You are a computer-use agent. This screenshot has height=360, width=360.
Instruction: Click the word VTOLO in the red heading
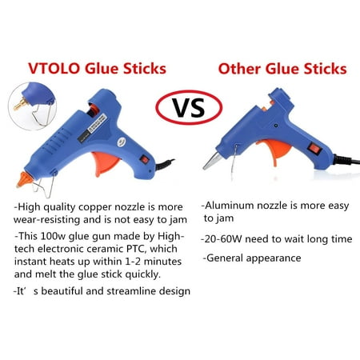[x=54, y=69]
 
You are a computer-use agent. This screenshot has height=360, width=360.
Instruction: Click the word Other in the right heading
[x=239, y=69]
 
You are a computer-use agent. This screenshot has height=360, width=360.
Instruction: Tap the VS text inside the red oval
[x=189, y=107]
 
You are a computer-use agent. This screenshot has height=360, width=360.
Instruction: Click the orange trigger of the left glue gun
[x=106, y=162]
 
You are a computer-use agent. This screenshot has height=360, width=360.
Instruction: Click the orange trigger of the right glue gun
[x=274, y=150]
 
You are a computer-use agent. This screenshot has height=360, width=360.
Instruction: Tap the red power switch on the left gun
[x=144, y=159]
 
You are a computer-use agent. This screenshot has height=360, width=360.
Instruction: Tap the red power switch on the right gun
[x=314, y=148]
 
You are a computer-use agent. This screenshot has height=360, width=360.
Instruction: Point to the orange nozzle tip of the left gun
[x=23, y=179]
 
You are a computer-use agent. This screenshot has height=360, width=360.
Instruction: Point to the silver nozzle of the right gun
[x=212, y=161]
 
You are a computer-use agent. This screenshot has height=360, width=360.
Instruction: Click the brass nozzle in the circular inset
[x=20, y=104]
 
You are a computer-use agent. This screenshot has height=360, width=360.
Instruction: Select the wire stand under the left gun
[x=44, y=186]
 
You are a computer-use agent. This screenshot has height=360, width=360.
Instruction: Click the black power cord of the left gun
[x=165, y=165]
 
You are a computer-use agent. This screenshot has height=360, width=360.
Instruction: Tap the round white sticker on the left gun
[x=122, y=142]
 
